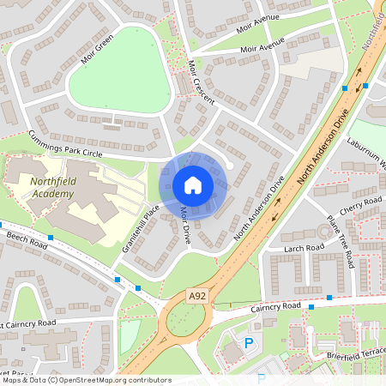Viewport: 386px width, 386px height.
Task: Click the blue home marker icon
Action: [193, 184]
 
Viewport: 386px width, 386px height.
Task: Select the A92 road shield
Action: [197, 295]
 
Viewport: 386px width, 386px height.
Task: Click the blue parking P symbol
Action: [250, 342]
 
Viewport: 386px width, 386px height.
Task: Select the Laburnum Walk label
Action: [367, 155]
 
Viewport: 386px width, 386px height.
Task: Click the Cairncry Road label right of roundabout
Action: [277, 306]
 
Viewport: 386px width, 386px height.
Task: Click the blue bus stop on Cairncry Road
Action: [311, 306]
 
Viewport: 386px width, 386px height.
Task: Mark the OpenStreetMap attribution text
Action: [86, 380]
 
